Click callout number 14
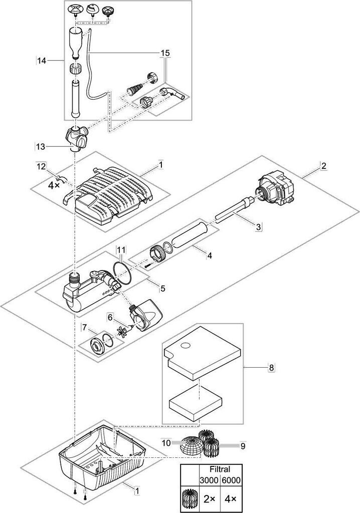click(42, 61)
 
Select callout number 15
click(165, 52)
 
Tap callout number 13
click(40, 146)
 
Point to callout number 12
click(41, 166)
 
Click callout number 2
click(324, 166)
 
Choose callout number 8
click(272, 368)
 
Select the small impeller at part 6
click(122, 332)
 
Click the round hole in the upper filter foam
click(186, 345)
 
